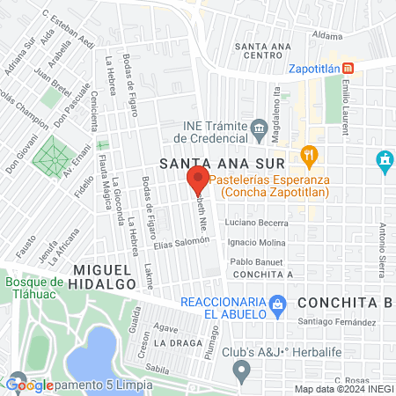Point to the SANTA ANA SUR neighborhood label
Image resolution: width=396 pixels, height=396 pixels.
[x=222, y=165]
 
